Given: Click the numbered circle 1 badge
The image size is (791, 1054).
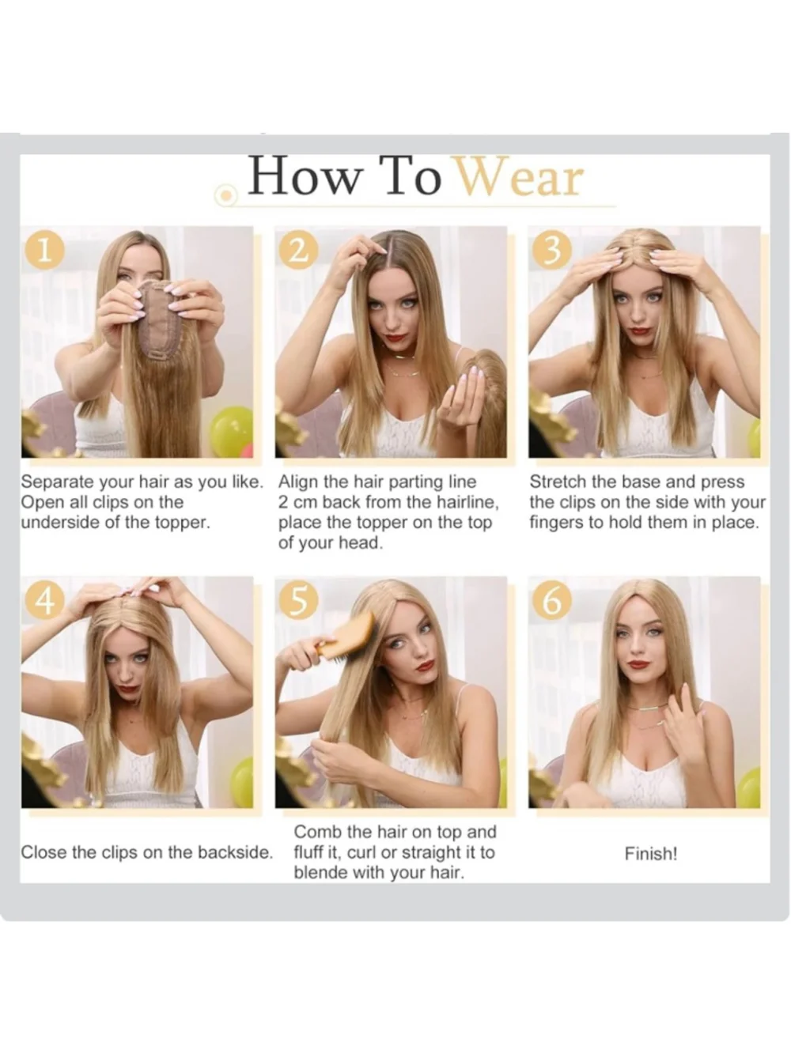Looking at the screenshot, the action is pyautogui.click(x=45, y=250).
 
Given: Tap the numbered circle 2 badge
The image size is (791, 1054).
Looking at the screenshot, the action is pyautogui.click(x=298, y=250).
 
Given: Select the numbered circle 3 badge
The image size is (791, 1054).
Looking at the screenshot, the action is pyautogui.click(x=552, y=250).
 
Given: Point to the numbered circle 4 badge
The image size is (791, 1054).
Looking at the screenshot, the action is pyautogui.click(x=45, y=600).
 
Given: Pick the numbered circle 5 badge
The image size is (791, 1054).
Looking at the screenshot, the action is pyautogui.click(x=298, y=600).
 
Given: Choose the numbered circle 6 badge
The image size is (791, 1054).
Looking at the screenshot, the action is pyautogui.click(x=552, y=600).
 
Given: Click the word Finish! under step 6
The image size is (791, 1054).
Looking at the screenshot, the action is pyautogui.click(x=651, y=853).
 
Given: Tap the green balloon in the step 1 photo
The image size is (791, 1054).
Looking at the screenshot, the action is pyautogui.click(x=232, y=431).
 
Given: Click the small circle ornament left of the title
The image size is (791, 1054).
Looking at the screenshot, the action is pyautogui.click(x=225, y=195).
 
